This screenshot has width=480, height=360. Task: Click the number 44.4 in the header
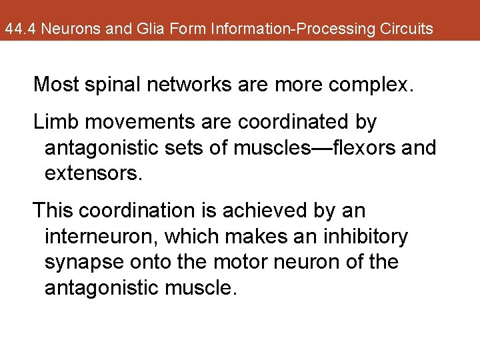click(16, 29)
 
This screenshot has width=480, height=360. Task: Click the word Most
click(56, 85)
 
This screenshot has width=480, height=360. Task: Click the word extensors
click(93, 174)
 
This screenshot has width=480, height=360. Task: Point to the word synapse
click(87, 263)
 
